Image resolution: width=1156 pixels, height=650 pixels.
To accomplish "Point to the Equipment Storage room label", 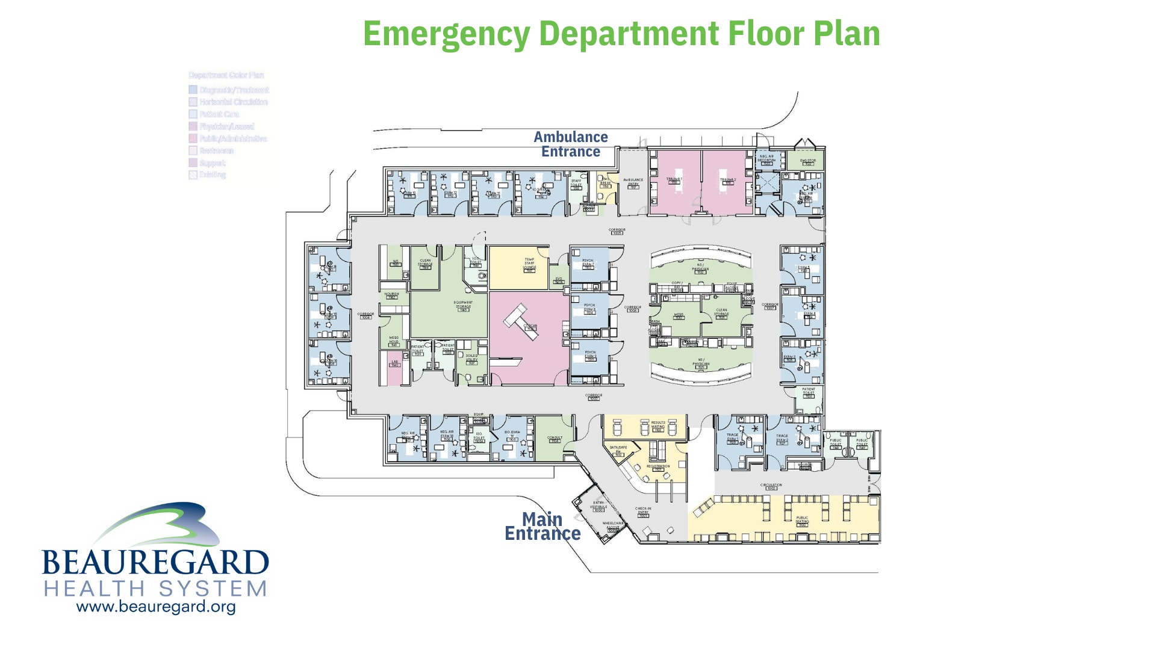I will pos(463,305).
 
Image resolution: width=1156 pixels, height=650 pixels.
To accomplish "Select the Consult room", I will pos(555,439).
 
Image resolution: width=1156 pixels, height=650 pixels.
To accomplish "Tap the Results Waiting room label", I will pos(658,425).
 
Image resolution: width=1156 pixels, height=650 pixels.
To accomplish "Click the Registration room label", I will pos(658,467).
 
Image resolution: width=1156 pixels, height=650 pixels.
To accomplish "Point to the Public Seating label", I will pos(802,520).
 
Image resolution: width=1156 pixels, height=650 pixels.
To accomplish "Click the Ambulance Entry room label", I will pos(633,182).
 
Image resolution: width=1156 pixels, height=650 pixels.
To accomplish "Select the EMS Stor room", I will pos(807,161).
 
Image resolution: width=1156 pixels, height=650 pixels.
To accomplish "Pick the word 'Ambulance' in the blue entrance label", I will pos(570,137).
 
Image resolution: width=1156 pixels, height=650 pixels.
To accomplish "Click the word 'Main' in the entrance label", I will pos(542,519).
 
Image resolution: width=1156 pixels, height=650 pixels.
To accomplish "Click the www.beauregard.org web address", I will pos(156,607).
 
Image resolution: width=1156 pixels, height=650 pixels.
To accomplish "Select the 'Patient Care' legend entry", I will pos(219,114).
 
